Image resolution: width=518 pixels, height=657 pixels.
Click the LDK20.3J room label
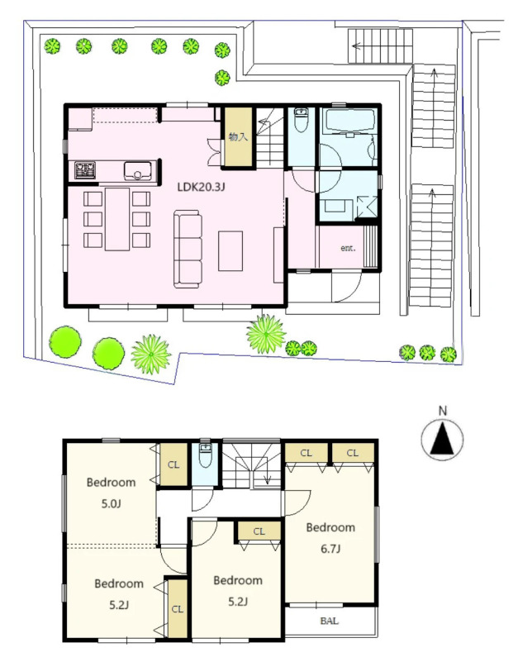(201, 187)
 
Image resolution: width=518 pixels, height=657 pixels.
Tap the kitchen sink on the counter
(137, 171)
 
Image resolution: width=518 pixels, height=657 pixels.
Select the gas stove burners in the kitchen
(85, 170)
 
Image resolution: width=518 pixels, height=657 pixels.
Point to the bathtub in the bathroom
(350, 121)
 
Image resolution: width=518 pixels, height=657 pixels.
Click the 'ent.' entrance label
(348, 248)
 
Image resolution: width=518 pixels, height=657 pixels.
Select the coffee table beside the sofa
(230, 251)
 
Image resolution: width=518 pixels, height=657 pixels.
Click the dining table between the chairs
(117, 219)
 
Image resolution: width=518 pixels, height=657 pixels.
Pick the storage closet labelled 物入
(238, 136)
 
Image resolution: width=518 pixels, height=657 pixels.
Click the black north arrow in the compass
(442, 439)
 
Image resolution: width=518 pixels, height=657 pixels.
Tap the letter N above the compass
(443, 411)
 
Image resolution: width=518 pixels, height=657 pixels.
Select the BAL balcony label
(329, 621)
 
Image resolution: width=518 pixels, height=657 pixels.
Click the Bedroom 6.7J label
(330, 538)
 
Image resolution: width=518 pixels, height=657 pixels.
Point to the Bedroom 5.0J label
(111, 493)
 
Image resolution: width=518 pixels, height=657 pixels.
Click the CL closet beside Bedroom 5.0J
(173, 464)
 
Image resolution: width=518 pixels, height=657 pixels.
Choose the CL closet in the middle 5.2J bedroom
(259, 531)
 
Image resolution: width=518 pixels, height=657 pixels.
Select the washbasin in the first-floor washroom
(335, 206)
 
